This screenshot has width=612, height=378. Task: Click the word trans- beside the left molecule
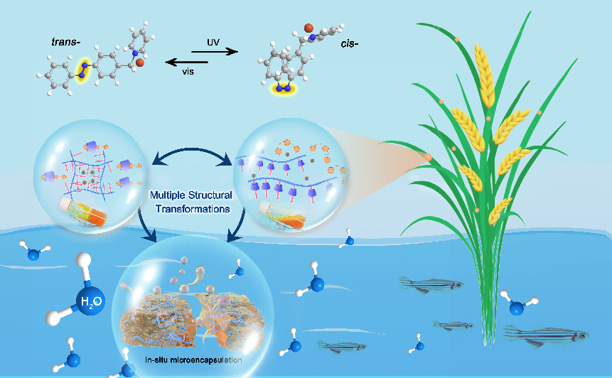click(65, 42)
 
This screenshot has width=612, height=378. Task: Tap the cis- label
click(349, 43)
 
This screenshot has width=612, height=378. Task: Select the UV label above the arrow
click(213, 42)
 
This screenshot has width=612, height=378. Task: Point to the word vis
click(188, 72)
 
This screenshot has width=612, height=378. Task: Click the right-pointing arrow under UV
click(215, 51)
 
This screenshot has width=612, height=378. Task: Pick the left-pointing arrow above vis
click(186, 62)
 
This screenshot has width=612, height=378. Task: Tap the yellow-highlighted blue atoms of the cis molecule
click(284, 89)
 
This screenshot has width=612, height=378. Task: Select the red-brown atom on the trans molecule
click(140, 63)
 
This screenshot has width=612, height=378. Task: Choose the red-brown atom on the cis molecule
click(308, 28)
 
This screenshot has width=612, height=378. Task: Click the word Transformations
click(193, 209)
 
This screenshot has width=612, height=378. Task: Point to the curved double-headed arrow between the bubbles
click(192, 150)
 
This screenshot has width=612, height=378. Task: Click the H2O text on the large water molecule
click(91, 301)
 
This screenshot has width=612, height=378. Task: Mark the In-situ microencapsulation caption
click(193, 360)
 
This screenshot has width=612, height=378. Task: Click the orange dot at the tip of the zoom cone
click(428, 157)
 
